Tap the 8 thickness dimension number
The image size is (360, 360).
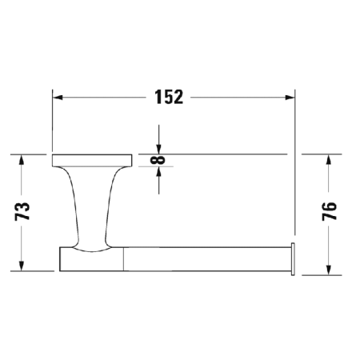(160, 161)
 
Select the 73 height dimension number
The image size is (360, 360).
(23, 211)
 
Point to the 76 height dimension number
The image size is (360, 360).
(329, 211)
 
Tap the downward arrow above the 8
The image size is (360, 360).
(160, 146)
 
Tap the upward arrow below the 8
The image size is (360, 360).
(160, 174)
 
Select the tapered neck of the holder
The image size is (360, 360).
(90, 204)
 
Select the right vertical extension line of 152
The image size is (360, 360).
(294, 160)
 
